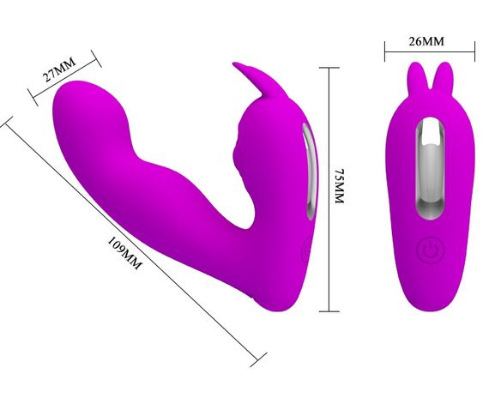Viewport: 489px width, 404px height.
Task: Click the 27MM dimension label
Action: click(59, 69)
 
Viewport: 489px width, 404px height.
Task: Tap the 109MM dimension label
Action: click(124, 253)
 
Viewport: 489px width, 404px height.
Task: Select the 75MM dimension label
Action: click(339, 186)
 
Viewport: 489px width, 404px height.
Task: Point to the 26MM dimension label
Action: click(426, 41)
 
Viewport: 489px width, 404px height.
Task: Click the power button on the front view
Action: click(430, 250)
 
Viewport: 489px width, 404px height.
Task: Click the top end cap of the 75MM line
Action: click(329, 68)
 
